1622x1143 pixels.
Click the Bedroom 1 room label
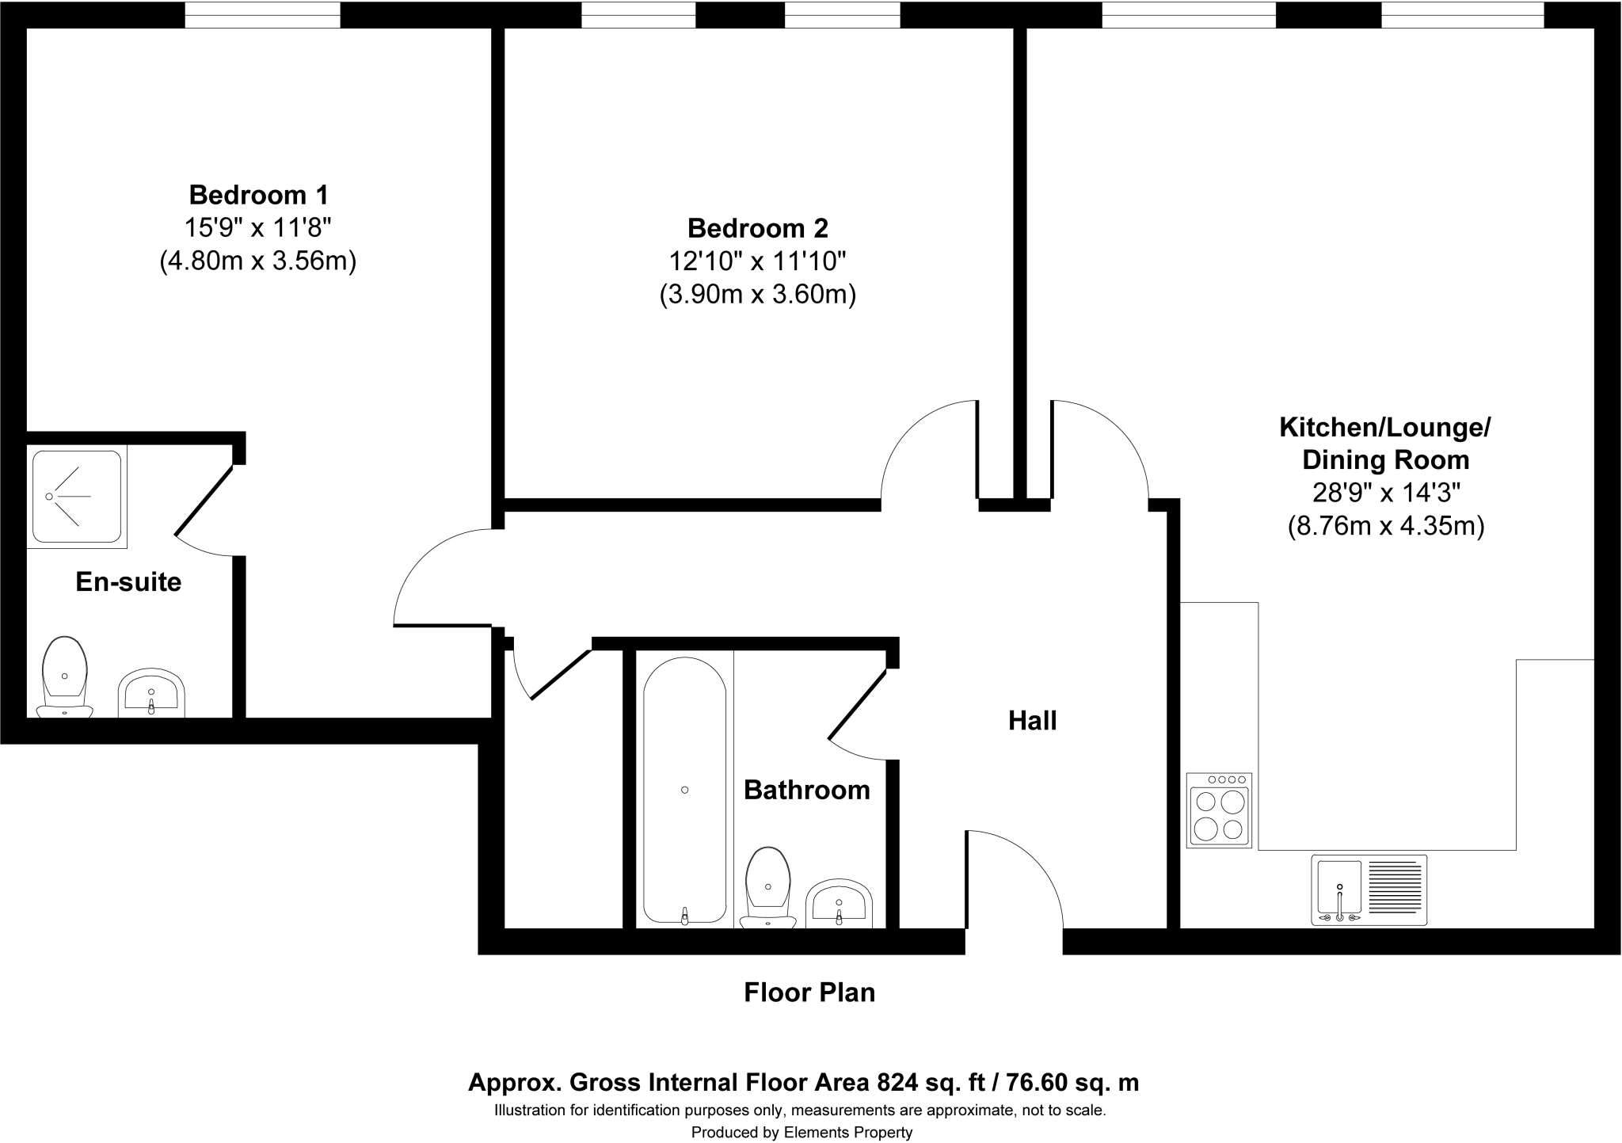(258, 194)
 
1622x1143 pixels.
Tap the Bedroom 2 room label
(757, 228)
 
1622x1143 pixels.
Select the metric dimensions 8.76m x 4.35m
(1385, 526)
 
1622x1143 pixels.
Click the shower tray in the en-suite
(77, 497)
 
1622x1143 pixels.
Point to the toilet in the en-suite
(64, 678)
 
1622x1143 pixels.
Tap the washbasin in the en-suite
(150, 695)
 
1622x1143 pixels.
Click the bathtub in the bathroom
(684, 790)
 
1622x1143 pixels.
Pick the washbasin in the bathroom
(839, 905)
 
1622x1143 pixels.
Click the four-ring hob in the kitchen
(1220, 810)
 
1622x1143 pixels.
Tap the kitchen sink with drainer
(1369, 890)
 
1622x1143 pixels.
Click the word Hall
(1032, 721)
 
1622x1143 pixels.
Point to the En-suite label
(128, 582)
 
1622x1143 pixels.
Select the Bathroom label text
(806, 790)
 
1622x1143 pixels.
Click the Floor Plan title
(809, 993)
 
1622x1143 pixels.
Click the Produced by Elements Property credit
(801, 1133)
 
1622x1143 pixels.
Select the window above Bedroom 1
(262, 15)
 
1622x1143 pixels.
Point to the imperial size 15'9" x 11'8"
(257, 228)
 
